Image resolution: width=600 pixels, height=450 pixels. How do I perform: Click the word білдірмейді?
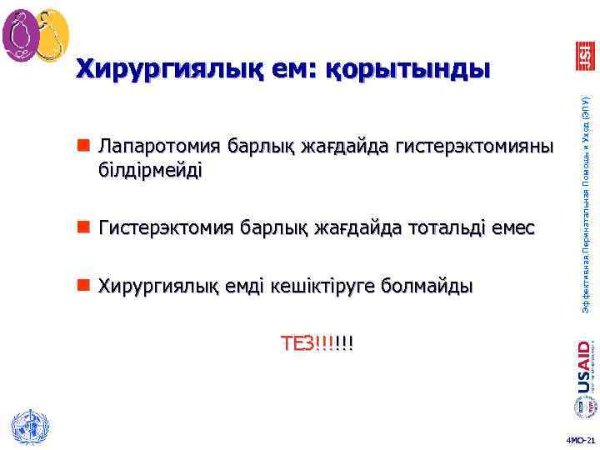coord(150,170)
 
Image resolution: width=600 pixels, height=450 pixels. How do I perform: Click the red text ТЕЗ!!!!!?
coord(316,343)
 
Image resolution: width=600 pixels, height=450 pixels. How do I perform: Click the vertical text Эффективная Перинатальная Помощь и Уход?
coord(586,204)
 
